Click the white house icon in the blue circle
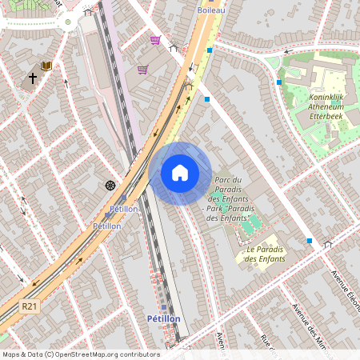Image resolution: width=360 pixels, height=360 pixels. pyautogui.click(x=180, y=173)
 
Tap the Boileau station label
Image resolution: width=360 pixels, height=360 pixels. pyautogui.click(x=211, y=10)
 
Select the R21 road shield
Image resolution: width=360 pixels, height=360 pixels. pyautogui.click(x=30, y=306)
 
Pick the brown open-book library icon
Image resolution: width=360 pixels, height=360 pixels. pyautogui.click(x=46, y=66)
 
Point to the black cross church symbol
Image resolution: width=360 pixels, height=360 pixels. pyautogui.click(x=33, y=78)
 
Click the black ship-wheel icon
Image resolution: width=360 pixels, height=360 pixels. pyautogui.click(x=110, y=186)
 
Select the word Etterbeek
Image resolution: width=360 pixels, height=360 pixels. pyautogui.click(x=330, y=116)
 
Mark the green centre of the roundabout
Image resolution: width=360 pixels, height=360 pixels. pyautogui.click(x=69, y=22)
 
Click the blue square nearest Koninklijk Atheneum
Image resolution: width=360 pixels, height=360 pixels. pyautogui.click(x=279, y=82)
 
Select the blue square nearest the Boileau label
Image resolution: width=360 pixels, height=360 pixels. pyautogui.click(x=210, y=50)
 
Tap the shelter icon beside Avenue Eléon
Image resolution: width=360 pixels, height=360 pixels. pyautogui.click(x=326, y=244)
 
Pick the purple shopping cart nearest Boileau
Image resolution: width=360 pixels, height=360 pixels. pyautogui.click(x=155, y=39)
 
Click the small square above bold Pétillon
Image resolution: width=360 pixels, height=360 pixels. pyautogui.click(x=164, y=306)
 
